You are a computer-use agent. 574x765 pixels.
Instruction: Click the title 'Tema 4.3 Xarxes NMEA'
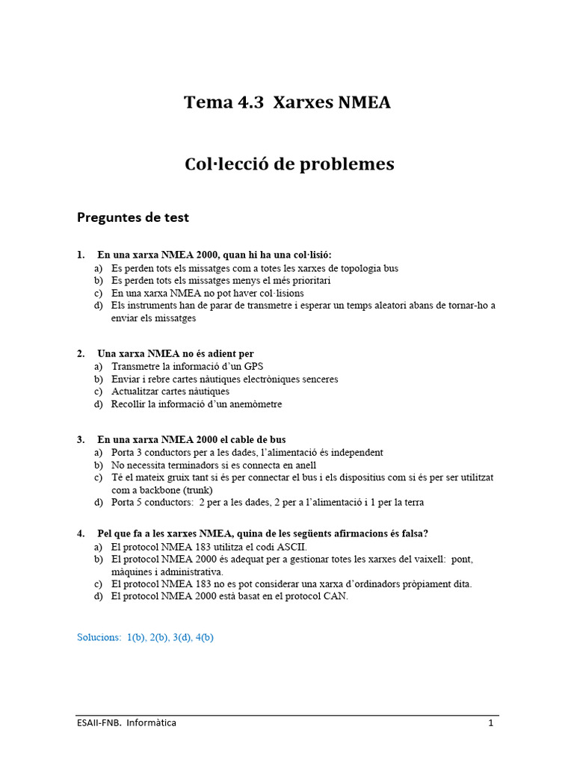tap(287, 102)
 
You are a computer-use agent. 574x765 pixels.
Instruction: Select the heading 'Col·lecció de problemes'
tap(289, 164)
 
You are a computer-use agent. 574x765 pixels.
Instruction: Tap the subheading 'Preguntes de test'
tap(133, 217)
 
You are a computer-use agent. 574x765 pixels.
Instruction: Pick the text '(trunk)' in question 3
tap(197, 489)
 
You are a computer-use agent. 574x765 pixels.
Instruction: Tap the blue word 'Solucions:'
tap(99, 637)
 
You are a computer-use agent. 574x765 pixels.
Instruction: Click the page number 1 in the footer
tap(491, 723)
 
